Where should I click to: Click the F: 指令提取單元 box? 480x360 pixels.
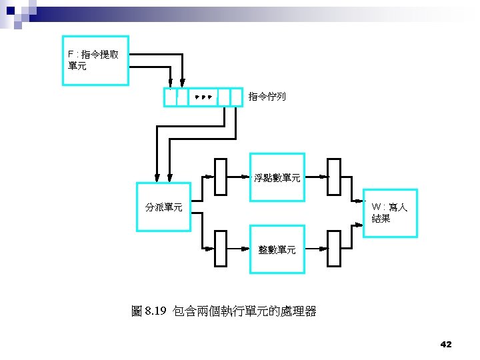pyautogui.click(x=95, y=60)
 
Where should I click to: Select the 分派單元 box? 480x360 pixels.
pyautogui.click(x=164, y=207)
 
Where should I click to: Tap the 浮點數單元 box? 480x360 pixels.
pyautogui.click(x=277, y=178)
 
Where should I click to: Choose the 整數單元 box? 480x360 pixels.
pyautogui.click(x=277, y=249)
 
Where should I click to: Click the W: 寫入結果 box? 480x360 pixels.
pyautogui.click(x=390, y=213)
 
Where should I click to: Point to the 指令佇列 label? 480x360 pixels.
pyautogui.click(x=267, y=97)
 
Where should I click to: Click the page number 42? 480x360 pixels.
pyautogui.click(x=446, y=344)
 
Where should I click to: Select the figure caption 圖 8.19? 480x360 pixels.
pyautogui.click(x=149, y=311)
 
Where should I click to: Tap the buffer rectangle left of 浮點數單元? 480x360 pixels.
pyautogui.click(x=221, y=177)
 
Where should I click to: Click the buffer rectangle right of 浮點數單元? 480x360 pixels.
pyautogui.click(x=335, y=177)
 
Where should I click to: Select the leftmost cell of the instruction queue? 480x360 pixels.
pyautogui.click(x=171, y=97)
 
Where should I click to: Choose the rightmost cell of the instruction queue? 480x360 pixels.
pyautogui.click(x=237, y=97)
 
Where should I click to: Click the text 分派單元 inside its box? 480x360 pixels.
pyautogui.click(x=164, y=207)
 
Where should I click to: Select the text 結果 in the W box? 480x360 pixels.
pyautogui.click(x=381, y=219)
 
